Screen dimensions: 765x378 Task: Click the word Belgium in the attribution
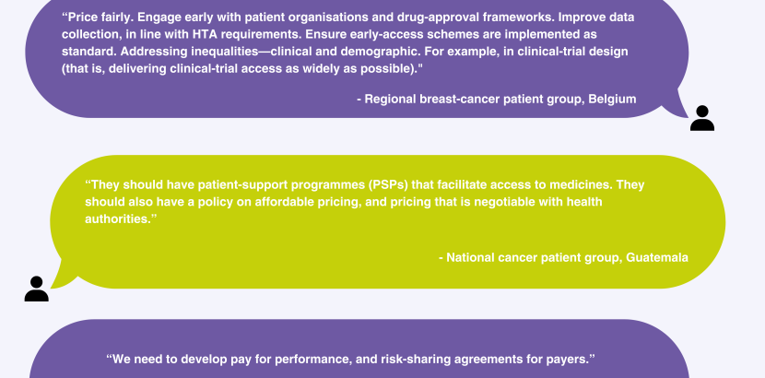pyautogui.click(x=612, y=100)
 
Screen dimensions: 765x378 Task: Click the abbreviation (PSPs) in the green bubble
pyautogui.click(x=388, y=185)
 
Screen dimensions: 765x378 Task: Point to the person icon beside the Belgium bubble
pyautogui.click(x=702, y=118)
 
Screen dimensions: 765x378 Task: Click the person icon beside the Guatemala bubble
pyautogui.click(x=37, y=289)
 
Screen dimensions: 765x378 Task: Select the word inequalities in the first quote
pyautogui.click(x=224, y=52)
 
